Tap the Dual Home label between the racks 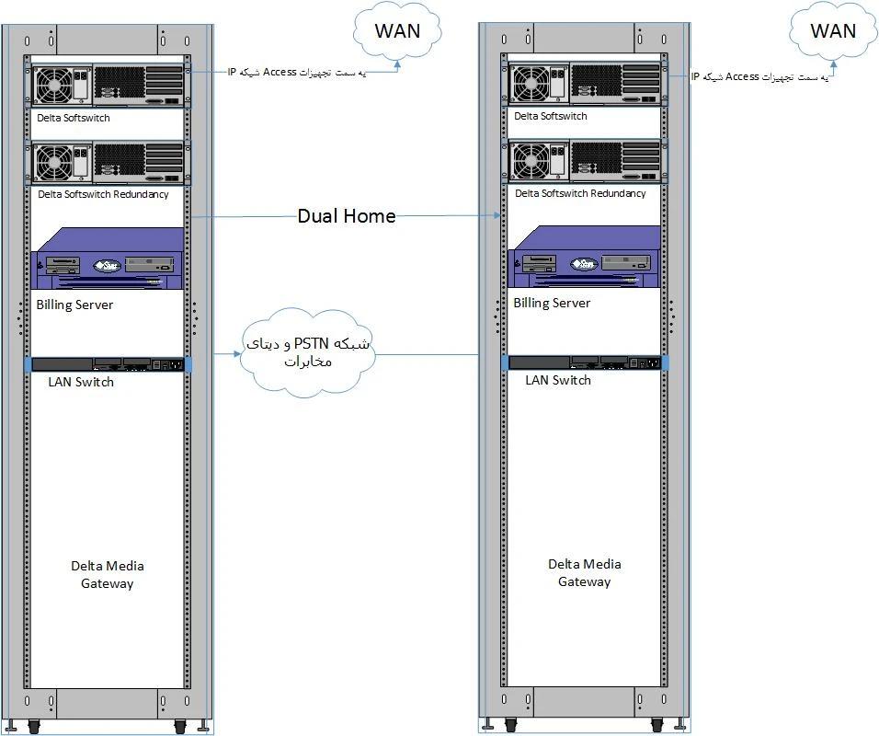coord(346,216)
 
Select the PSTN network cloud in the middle coord(307,354)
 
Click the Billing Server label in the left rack coord(74,305)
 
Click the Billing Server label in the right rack coord(552,303)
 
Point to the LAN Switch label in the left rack coord(81,382)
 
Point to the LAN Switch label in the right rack coord(558,380)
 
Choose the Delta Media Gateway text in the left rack coord(108,574)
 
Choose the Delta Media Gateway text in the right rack coord(585,572)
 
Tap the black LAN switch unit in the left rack coord(108,364)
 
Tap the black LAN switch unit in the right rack coord(586,362)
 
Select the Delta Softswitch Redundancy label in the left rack coord(103,195)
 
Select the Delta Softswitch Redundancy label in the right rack coord(580,193)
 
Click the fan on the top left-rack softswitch coord(54,86)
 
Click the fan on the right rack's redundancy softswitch coord(531,162)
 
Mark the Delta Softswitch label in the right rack coord(551,117)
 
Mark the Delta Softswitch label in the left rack coord(74,118)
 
